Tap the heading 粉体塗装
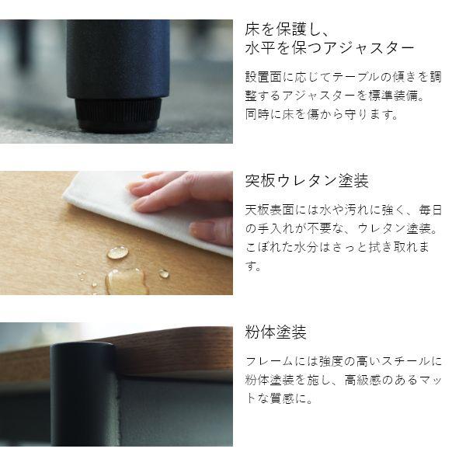coord(276,332)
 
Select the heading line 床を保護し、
coord(287,28)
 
